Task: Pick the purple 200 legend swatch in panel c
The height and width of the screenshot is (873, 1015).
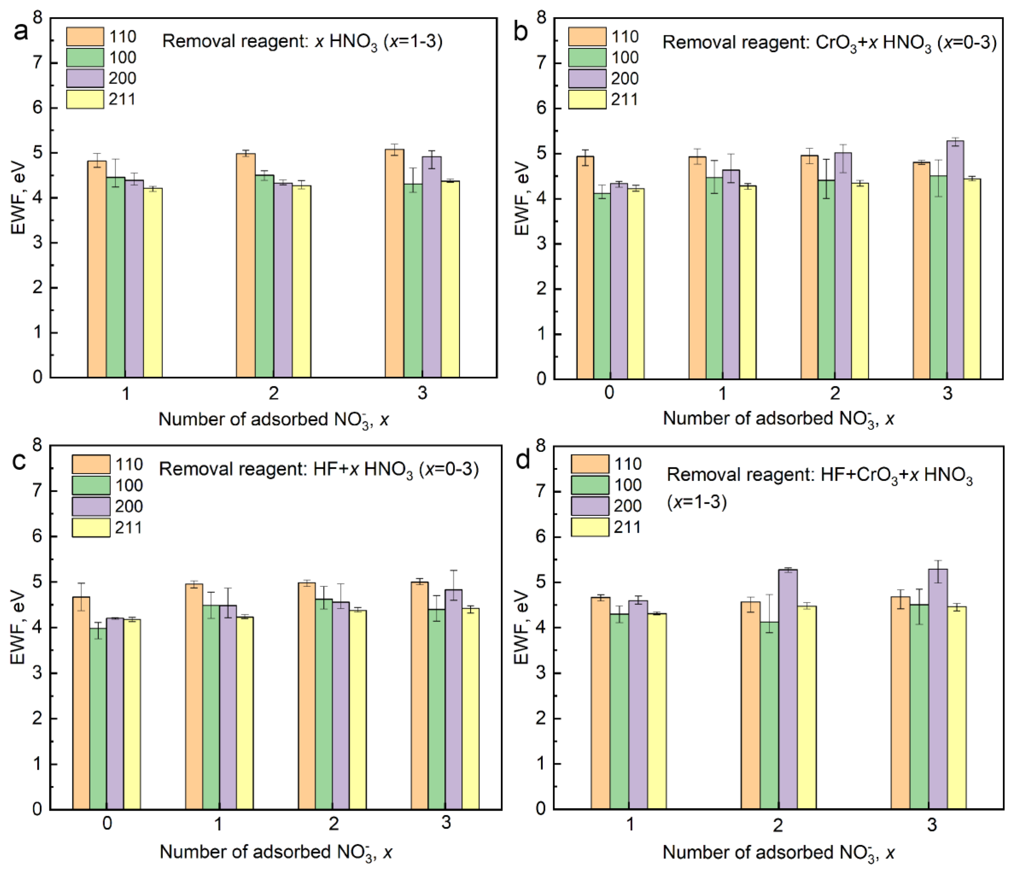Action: (91, 506)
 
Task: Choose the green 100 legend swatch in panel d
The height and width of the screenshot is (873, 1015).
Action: (590, 484)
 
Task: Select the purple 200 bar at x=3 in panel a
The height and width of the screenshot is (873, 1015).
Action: (432, 267)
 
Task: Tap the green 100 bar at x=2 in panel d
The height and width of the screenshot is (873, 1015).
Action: (769, 715)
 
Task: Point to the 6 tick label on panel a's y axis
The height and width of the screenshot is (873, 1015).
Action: (38, 108)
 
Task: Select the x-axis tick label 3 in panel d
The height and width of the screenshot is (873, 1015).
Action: (932, 824)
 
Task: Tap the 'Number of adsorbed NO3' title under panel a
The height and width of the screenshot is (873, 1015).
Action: (273, 420)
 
